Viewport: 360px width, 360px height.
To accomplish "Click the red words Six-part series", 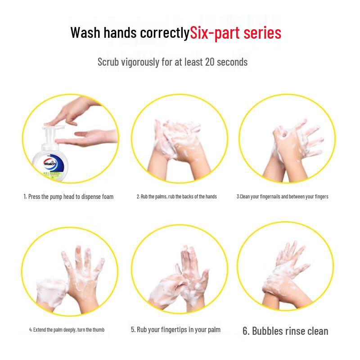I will [x=236, y=33].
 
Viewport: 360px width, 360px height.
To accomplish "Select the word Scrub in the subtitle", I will [x=108, y=62].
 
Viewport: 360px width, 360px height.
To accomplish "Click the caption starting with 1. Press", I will [x=68, y=197].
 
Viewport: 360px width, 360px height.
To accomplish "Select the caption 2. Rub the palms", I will [x=177, y=197].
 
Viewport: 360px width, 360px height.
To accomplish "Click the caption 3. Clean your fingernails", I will [x=283, y=197].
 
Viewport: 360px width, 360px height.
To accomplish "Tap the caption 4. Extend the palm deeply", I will [x=67, y=330].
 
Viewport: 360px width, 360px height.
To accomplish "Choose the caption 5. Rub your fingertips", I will [x=176, y=330].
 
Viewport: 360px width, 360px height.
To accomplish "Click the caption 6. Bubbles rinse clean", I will [x=285, y=331].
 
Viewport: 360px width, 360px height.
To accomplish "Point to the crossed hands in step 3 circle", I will [x=288, y=144].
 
